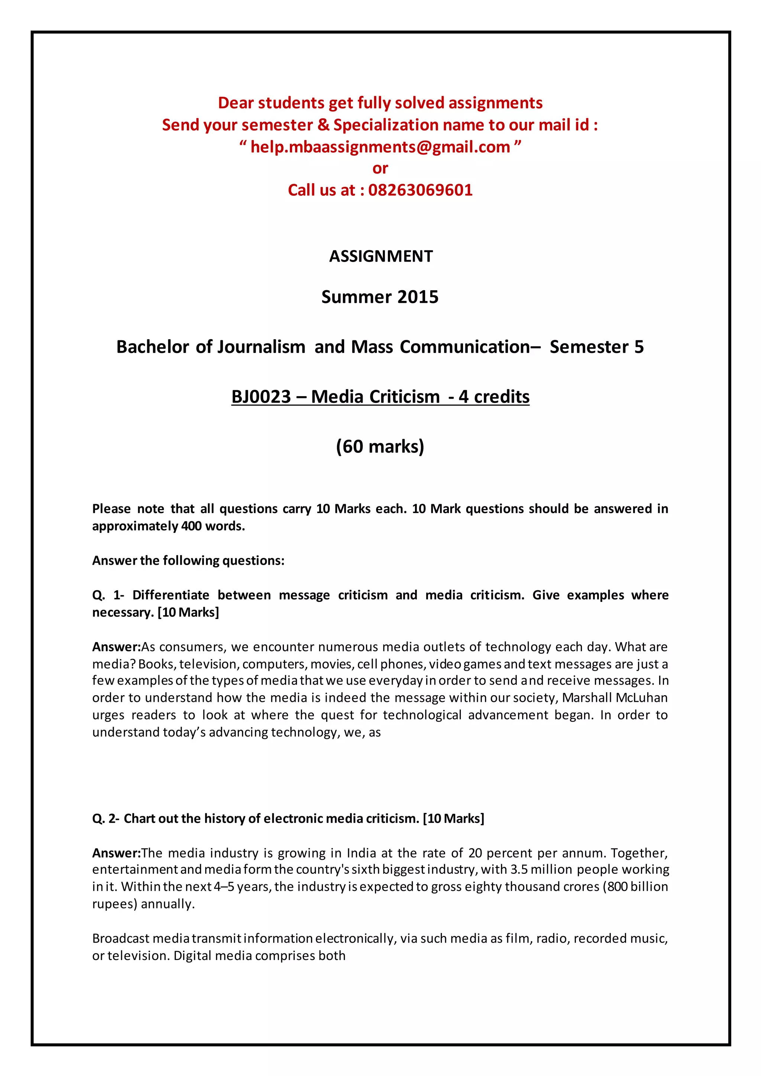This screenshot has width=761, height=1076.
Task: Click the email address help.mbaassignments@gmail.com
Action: tap(380, 147)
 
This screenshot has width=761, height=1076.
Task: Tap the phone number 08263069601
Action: tap(420, 190)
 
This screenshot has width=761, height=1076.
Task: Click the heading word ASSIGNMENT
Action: tap(380, 256)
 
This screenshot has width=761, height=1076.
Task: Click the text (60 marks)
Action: tap(380, 447)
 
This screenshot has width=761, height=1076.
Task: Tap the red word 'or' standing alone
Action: tap(380, 168)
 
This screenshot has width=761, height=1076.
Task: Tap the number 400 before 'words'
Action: tap(191, 526)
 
